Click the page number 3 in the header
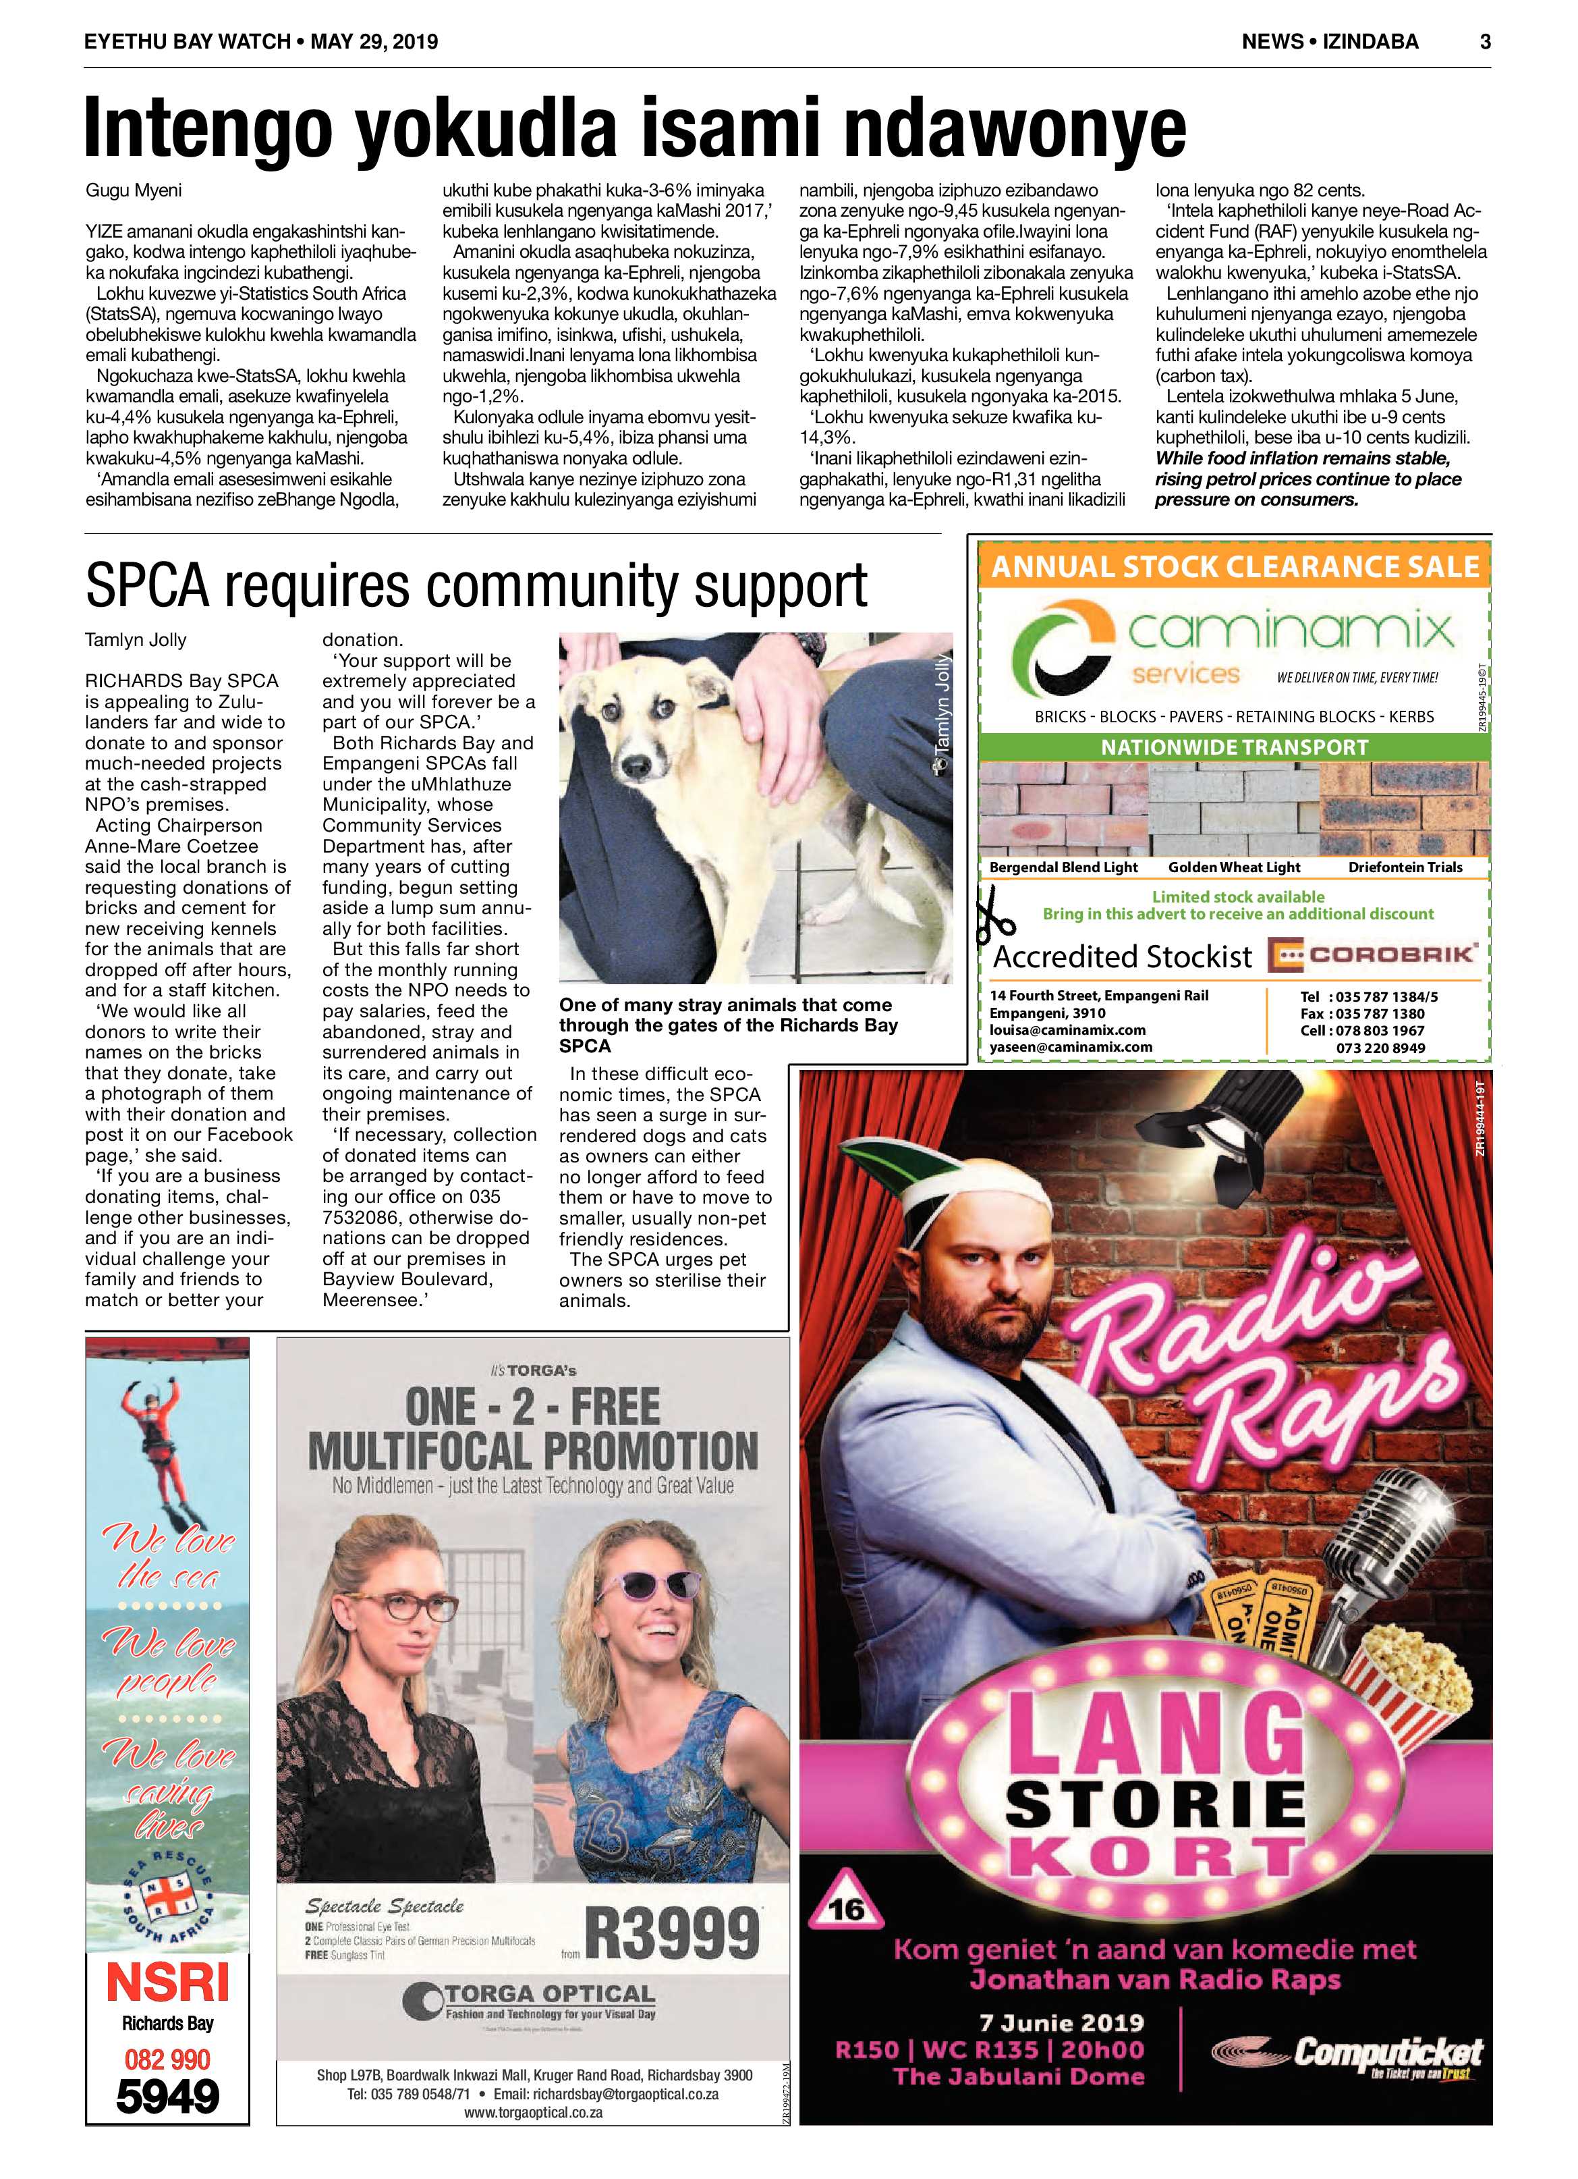[x=1485, y=41]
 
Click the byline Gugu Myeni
[x=134, y=190]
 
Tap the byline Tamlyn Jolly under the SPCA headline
[x=136, y=640]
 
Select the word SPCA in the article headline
[x=147, y=586]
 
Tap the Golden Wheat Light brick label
[x=1234, y=867]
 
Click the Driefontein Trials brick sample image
[x=1404, y=808]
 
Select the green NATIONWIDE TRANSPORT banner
[x=1234, y=747]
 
